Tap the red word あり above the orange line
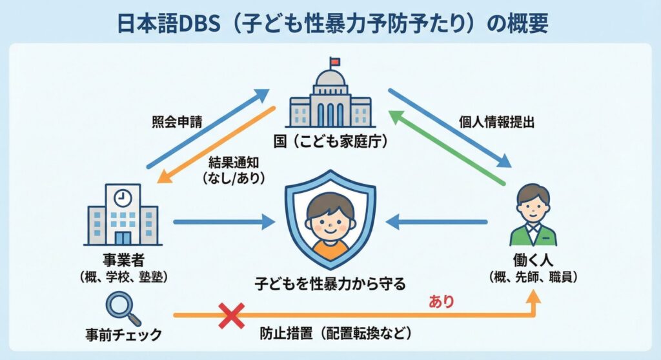pos(442,301)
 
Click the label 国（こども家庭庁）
pos(330,141)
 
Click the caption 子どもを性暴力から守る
pos(330,283)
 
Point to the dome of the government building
pos(330,80)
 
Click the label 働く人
pos(533,262)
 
